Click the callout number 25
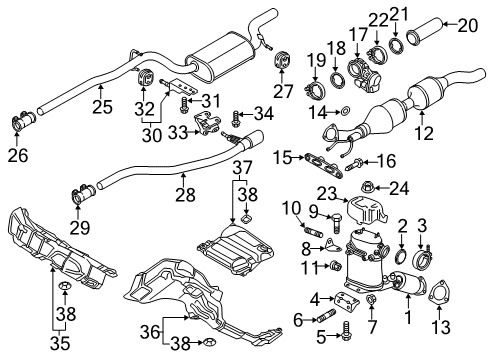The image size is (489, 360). (x=102, y=107)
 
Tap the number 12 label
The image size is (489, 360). (x=424, y=133)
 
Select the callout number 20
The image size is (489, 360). (x=468, y=26)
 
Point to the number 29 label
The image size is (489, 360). (x=80, y=228)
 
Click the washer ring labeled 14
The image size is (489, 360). (x=346, y=110)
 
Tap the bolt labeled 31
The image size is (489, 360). (x=184, y=104)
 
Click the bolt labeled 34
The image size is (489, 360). (x=236, y=119)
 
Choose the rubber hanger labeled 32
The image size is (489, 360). (x=146, y=78)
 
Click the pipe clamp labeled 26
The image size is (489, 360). (x=23, y=121)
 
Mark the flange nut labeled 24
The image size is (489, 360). (x=368, y=188)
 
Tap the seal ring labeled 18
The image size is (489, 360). (x=337, y=80)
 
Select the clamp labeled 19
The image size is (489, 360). (x=315, y=90)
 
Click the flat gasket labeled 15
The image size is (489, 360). (x=323, y=165)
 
